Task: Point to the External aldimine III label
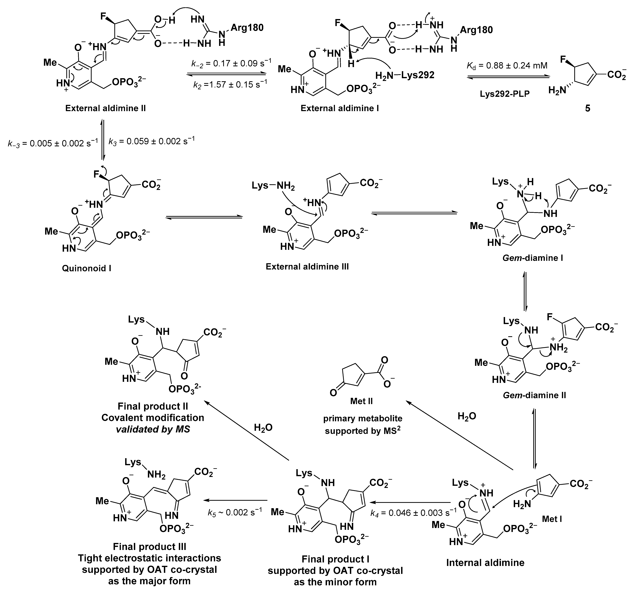coord(307,266)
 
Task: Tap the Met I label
coord(552,519)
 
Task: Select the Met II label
coord(361,401)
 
